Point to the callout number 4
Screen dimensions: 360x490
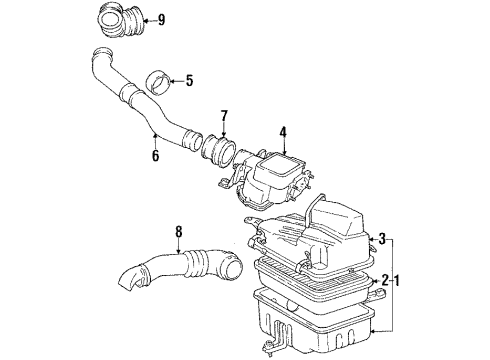pyautogui.click(x=283, y=130)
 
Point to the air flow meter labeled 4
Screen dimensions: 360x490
pyautogui.click(x=275, y=178)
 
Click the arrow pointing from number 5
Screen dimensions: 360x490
pyautogui.click(x=170, y=80)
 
